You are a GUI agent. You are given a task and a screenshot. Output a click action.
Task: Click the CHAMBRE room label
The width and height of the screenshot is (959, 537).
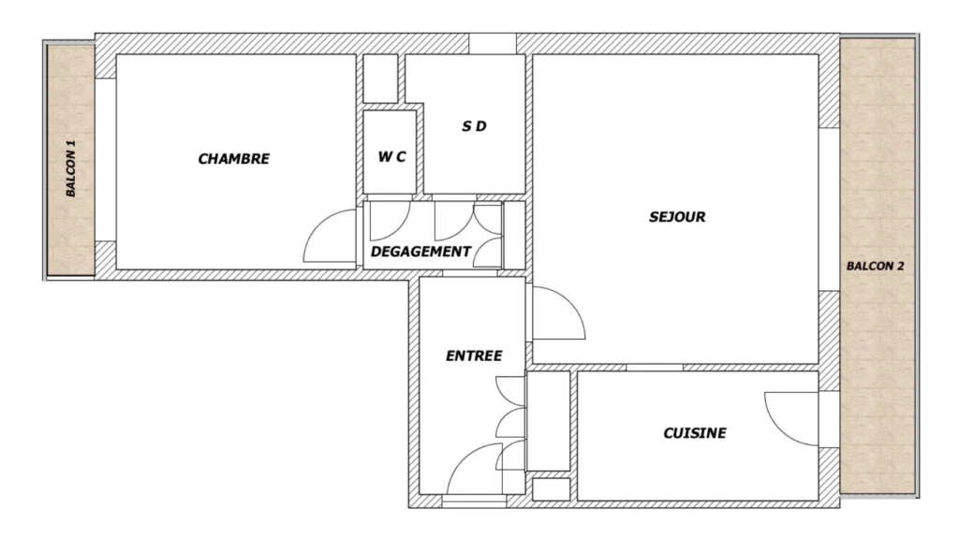tap(233, 159)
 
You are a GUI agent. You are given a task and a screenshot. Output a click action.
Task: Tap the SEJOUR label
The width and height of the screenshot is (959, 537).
tap(677, 217)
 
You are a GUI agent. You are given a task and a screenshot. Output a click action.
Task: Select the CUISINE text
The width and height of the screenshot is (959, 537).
tap(695, 433)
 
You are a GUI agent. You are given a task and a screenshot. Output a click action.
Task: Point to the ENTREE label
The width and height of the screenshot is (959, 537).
tap(474, 356)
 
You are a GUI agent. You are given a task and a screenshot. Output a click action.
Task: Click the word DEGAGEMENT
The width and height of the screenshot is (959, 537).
tap(420, 252)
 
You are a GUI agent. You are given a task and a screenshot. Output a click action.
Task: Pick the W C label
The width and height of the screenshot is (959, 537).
tap(391, 157)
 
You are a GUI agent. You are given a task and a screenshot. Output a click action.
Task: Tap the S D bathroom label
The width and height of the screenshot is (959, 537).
tap(474, 126)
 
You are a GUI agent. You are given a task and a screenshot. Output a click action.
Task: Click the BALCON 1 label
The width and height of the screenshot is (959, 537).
tap(71, 168)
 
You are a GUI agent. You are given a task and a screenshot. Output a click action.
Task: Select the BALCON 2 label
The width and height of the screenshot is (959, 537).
tap(876, 267)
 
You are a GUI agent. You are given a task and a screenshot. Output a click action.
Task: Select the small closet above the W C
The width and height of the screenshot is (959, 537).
tap(380, 79)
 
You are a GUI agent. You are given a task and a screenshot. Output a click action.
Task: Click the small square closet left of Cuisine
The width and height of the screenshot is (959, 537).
tap(551, 489)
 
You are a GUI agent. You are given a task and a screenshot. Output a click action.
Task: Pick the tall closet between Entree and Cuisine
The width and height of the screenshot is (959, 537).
tap(549, 421)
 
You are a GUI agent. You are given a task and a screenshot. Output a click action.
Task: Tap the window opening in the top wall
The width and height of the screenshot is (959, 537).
tap(493, 43)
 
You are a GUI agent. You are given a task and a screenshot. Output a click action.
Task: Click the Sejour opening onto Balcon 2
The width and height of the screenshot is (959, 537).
tap(830, 210)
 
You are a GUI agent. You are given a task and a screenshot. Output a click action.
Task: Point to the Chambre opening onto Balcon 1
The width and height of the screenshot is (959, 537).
tap(105, 159)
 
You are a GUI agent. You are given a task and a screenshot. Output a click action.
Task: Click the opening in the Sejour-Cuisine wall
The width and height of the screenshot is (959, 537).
tap(655, 367)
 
